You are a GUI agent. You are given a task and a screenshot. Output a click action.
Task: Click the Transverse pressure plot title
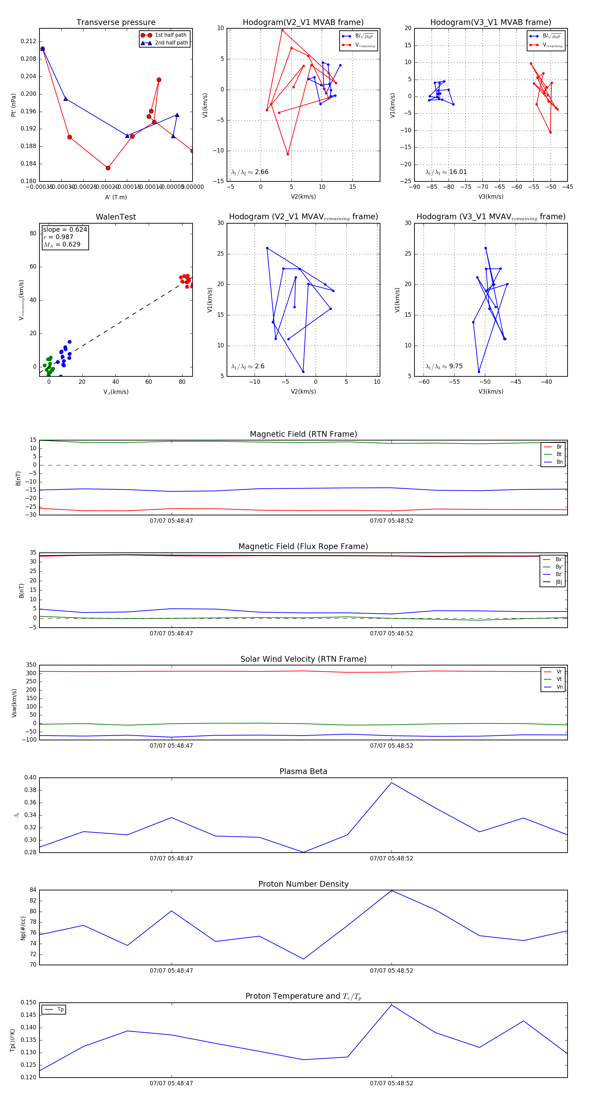(116, 23)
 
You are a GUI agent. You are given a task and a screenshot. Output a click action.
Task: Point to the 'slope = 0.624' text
(65, 229)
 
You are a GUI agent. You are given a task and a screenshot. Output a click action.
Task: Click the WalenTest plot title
(116, 217)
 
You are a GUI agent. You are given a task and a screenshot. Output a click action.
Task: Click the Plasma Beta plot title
(303, 772)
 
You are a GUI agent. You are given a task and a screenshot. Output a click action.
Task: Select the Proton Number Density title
(303, 884)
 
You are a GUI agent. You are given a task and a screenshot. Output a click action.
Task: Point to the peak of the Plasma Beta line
(392, 782)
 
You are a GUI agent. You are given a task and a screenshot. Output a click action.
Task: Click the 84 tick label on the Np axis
(33, 890)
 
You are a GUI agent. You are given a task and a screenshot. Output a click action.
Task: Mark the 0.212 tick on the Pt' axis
(29, 41)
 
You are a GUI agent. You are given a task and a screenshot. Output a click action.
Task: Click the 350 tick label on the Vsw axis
(31, 665)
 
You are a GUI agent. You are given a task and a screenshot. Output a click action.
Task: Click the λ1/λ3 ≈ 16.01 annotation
(446, 172)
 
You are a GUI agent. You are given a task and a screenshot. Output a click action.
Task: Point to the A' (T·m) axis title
(116, 197)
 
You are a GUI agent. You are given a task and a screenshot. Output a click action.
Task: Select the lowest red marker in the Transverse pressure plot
(108, 168)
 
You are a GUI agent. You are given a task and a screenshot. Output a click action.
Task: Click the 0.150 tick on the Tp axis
(29, 1002)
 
